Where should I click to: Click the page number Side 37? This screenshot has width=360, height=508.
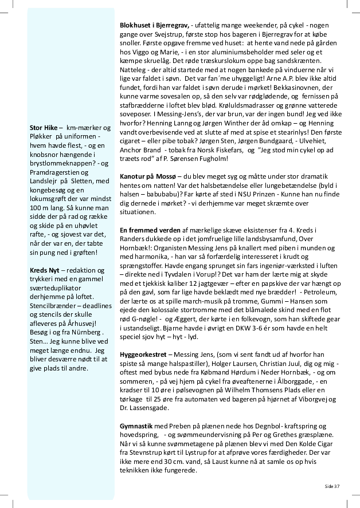pos(332,486)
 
